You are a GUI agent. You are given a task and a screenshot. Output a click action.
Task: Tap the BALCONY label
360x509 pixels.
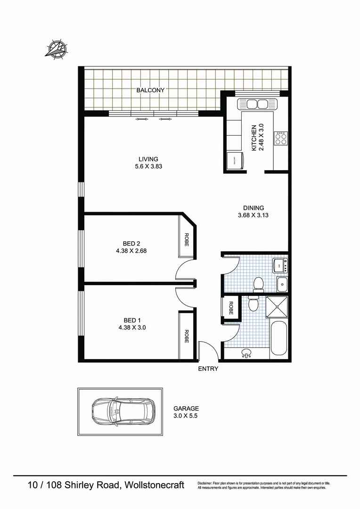tap(150, 90)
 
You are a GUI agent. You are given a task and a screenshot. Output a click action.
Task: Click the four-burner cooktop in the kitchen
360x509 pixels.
tap(281, 138)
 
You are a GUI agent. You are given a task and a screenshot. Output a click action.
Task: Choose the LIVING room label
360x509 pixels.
tap(148, 159)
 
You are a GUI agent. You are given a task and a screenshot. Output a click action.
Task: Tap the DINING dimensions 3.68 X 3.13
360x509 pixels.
tap(254, 215)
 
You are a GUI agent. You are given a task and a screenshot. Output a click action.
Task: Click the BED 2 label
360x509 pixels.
tap(131, 244)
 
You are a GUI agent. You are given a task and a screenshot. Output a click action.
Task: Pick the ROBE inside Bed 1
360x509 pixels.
tap(187, 336)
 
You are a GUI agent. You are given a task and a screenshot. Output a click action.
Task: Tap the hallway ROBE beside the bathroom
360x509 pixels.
tap(230, 308)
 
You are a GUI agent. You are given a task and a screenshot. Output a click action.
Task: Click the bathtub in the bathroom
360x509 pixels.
tap(278, 338)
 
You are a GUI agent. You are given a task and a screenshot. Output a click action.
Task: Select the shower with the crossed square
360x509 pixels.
tap(277, 307)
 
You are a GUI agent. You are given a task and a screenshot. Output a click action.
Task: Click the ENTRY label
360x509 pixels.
tap(208, 369)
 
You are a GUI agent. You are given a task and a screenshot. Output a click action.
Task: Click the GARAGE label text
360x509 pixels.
tap(186, 409)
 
